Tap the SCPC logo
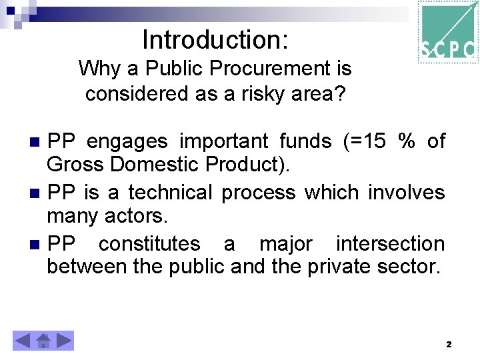448,31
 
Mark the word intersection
390,244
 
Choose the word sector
408,267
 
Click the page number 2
449,345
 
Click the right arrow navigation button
64,341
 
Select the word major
285,244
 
